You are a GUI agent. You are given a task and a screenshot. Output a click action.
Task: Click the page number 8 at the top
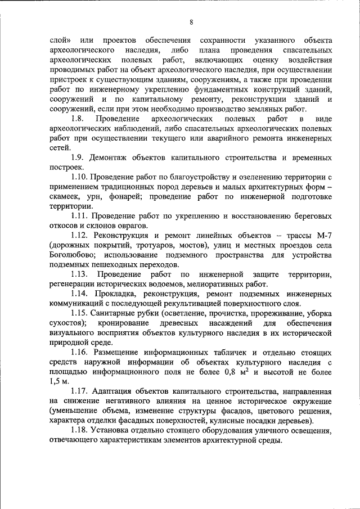[x=191, y=22]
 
